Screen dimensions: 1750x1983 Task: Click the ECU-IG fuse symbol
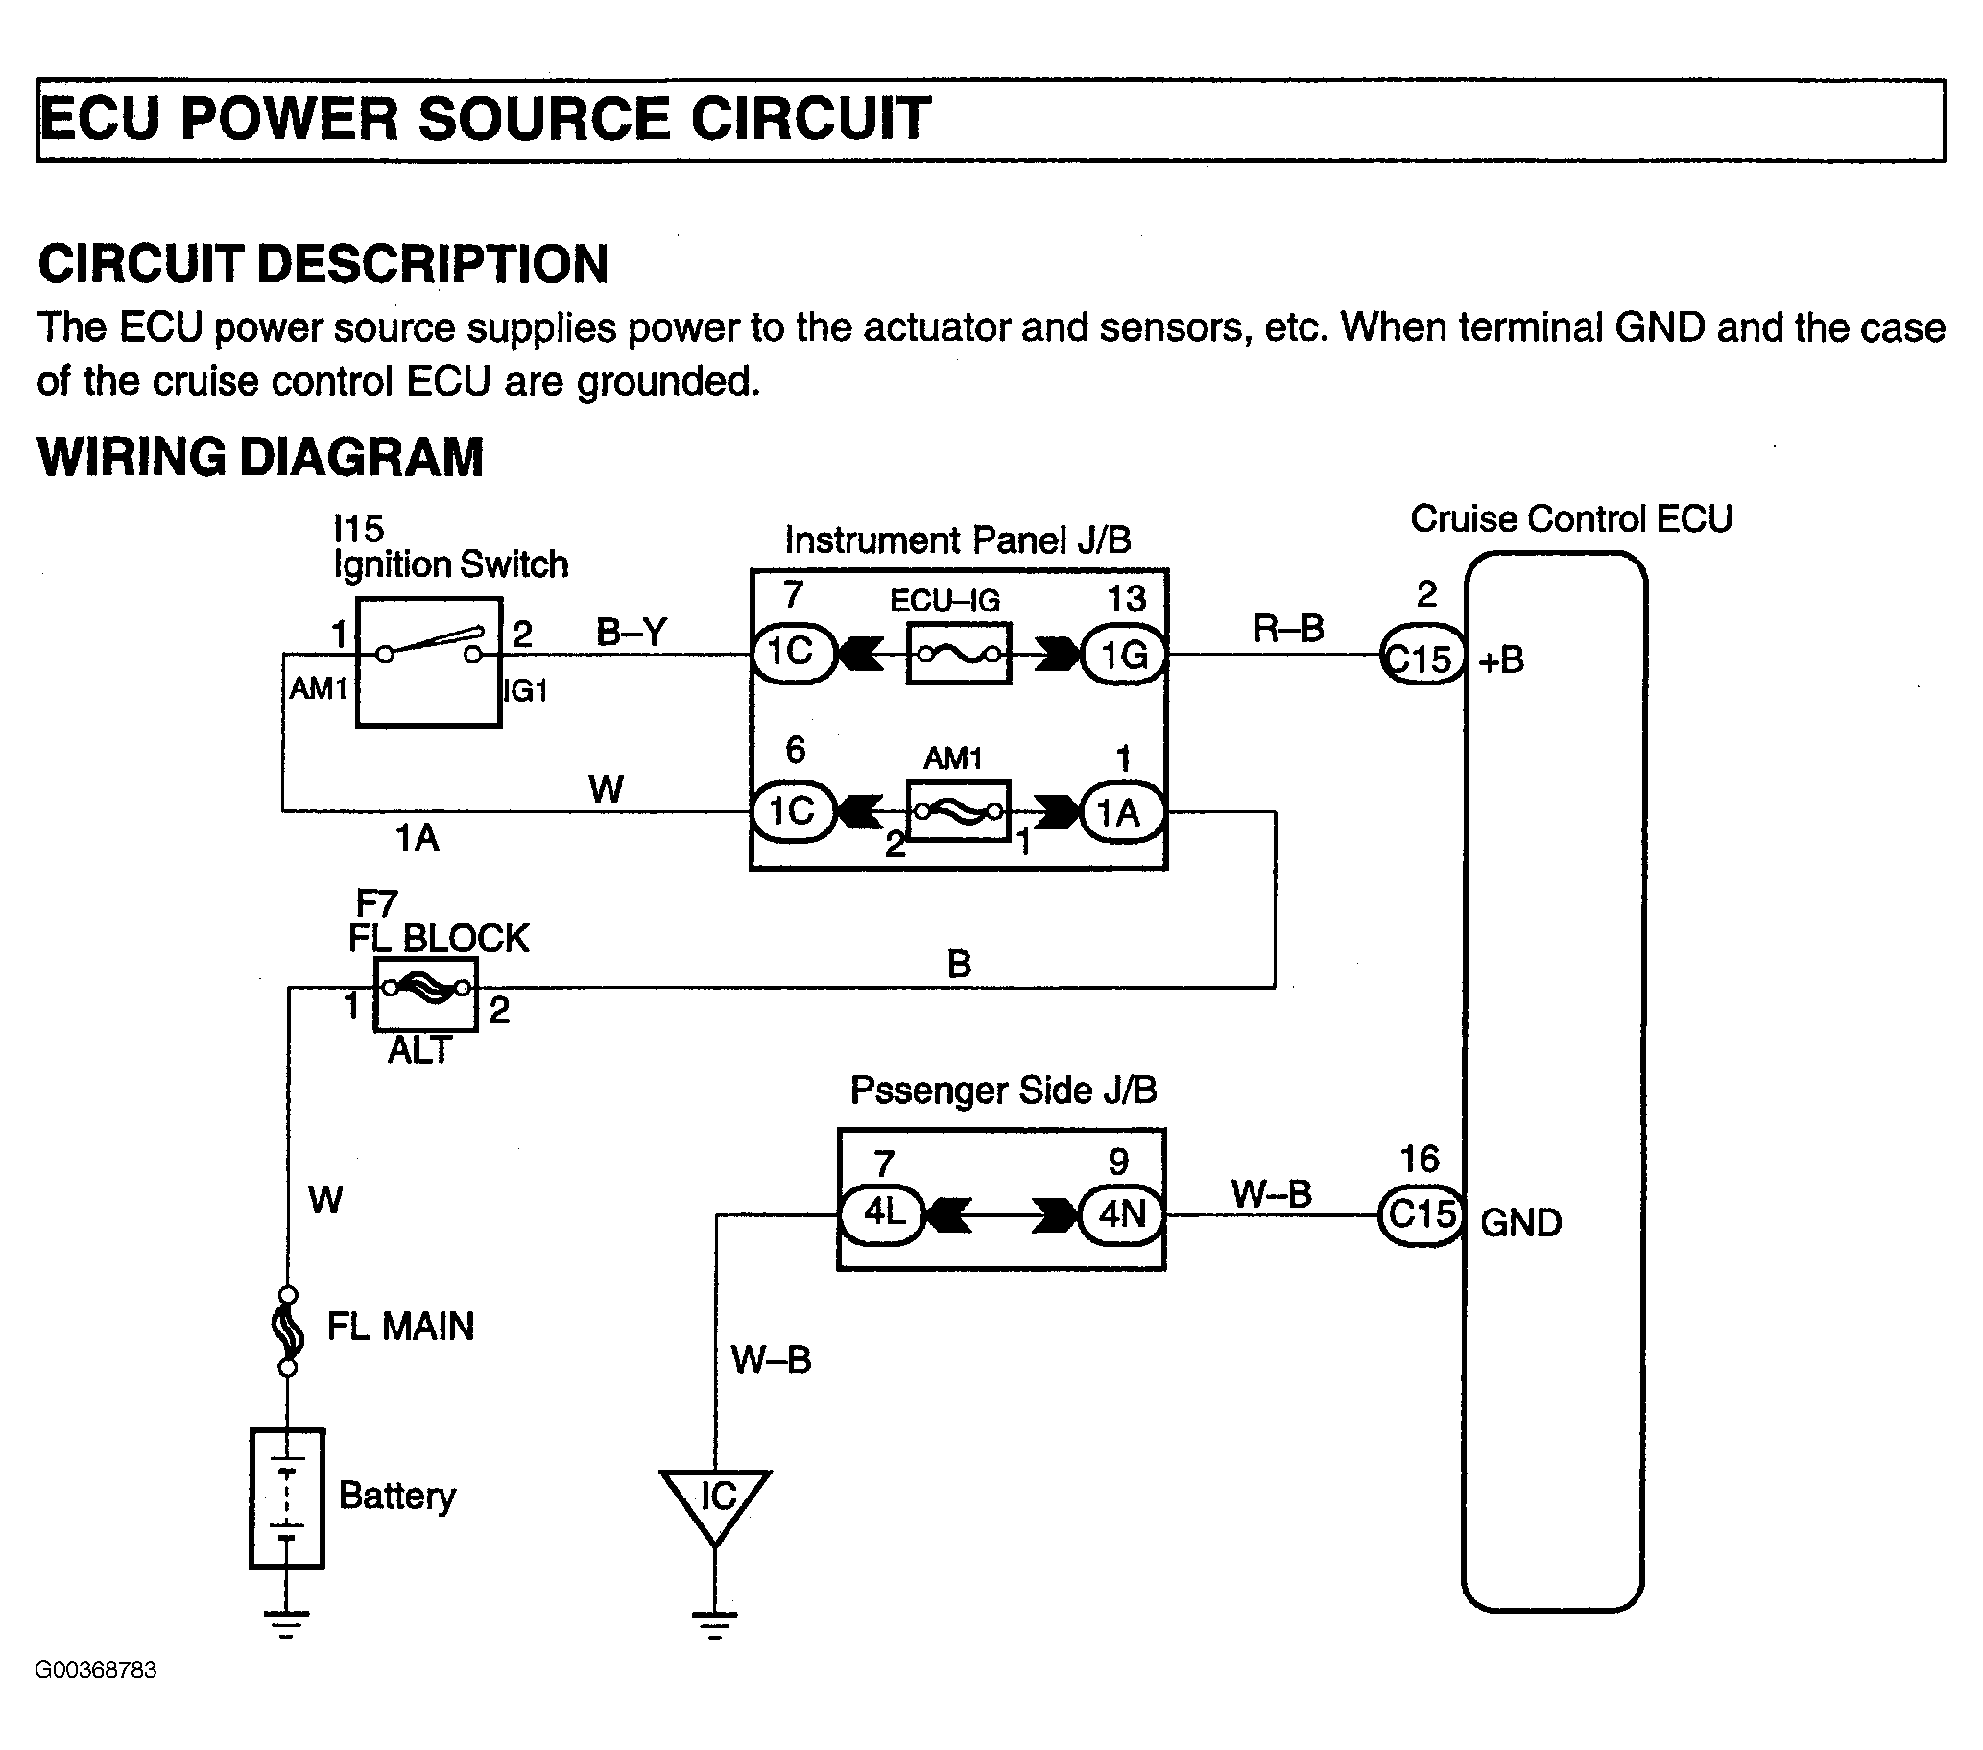(x=959, y=655)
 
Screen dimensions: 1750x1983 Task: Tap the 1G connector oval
(x=1123, y=655)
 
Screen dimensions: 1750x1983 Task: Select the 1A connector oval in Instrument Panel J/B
(x=1120, y=812)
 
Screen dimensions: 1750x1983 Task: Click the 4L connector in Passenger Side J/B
(x=882, y=1213)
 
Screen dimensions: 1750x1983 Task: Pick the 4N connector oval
(x=1122, y=1213)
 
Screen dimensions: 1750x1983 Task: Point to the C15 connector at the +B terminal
(x=1422, y=657)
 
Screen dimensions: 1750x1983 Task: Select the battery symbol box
(x=287, y=1498)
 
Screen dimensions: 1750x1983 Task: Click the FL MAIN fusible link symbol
(x=287, y=1330)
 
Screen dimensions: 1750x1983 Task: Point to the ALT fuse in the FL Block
(x=426, y=992)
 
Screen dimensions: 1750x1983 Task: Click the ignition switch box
(x=429, y=661)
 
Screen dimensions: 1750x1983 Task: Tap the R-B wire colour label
(x=1288, y=629)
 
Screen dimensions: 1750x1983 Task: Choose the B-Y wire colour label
(x=632, y=633)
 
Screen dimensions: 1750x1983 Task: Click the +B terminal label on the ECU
(x=1501, y=661)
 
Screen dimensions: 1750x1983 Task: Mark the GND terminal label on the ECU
(x=1520, y=1223)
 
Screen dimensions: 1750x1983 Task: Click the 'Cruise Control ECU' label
(x=1570, y=519)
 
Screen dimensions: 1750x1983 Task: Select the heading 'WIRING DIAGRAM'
(x=260, y=457)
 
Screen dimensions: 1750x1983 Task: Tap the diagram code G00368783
(x=95, y=1669)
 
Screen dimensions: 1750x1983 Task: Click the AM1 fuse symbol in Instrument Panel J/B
(x=959, y=811)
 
